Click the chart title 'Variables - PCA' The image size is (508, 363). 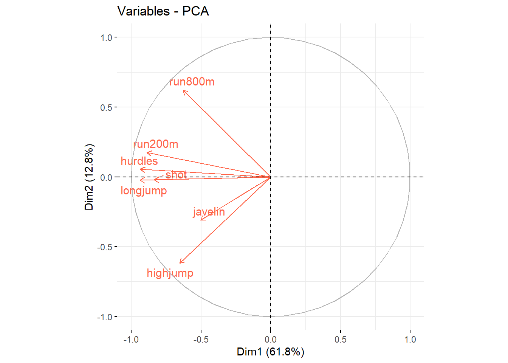click(x=163, y=11)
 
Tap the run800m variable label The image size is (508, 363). click(x=192, y=82)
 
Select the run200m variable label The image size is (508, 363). click(x=156, y=144)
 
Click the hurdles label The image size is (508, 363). click(x=139, y=161)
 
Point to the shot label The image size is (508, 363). click(x=176, y=174)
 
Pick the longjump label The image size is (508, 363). click(x=144, y=191)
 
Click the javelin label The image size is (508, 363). click(x=209, y=212)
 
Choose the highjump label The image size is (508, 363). click(x=170, y=273)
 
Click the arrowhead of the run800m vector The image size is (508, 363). click(x=183, y=91)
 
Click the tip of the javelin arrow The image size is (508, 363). click(x=201, y=220)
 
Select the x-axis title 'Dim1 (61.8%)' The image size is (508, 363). click(x=270, y=352)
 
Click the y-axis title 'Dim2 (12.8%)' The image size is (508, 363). click(x=89, y=177)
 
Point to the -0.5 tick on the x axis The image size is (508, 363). click(x=201, y=339)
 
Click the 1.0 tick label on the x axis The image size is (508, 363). click(x=410, y=339)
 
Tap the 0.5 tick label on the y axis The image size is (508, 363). click(x=106, y=107)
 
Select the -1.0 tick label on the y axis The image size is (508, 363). click(x=105, y=317)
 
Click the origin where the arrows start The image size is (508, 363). click(x=271, y=177)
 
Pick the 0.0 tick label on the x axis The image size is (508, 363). click(x=271, y=339)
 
